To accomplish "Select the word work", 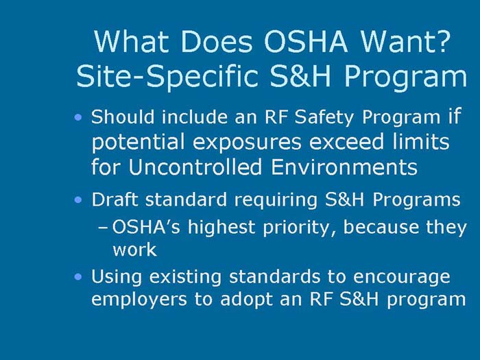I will (x=134, y=250).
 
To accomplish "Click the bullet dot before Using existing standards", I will (x=80, y=276).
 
